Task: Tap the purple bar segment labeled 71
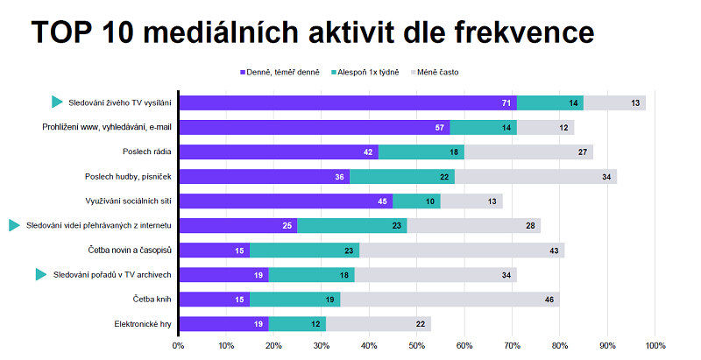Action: (347, 103)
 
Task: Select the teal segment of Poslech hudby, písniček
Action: (402, 177)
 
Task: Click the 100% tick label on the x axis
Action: (655, 345)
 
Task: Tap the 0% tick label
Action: (179, 345)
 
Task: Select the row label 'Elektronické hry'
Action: (143, 324)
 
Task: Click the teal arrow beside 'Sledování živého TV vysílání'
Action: (57, 102)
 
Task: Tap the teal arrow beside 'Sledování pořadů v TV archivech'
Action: (40, 275)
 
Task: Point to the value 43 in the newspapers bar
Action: (554, 251)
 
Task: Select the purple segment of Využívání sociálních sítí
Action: (286, 201)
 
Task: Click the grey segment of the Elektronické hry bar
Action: (379, 324)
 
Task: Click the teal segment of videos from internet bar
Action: (351, 226)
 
